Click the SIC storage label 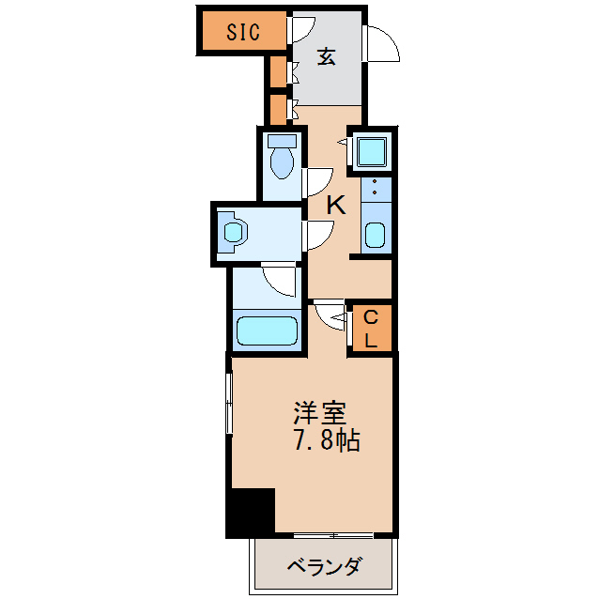[242, 32]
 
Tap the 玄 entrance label [326, 57]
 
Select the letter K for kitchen [336, 204]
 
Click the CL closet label [371, 328]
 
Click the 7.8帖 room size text [327, 440]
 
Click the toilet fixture [281, 159]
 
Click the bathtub [268, 330]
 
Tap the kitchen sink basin [375, 235]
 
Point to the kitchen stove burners [375, 189]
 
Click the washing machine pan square [370, 151]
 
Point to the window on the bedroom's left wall [229, 404]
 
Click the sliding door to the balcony [333, 536]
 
